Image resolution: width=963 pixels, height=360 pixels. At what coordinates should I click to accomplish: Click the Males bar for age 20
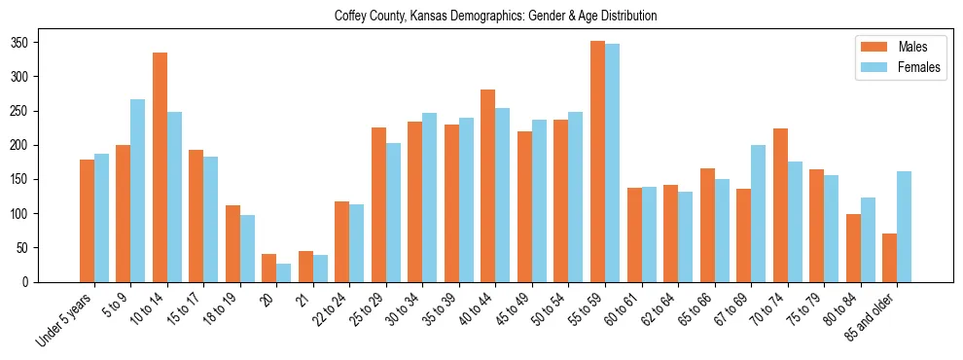tap(269, 268)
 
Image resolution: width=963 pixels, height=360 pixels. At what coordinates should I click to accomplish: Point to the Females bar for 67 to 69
tap(758, 213)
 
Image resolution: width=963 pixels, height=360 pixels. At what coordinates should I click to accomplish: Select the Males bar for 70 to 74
tap(780, 205)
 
